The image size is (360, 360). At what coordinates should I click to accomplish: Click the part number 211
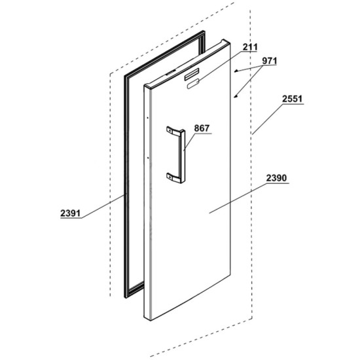pos(250,47)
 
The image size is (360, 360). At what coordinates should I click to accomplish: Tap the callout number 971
pos(270,61)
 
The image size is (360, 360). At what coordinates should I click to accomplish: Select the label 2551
pos(293,99)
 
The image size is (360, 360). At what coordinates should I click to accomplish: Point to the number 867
pos(202,128)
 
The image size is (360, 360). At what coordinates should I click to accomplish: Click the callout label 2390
pos(276,178)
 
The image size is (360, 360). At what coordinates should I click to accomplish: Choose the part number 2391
pos(71,213)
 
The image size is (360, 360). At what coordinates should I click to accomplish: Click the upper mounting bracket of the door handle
pos(174,131)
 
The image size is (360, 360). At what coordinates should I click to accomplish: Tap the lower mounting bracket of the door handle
pos(173,177)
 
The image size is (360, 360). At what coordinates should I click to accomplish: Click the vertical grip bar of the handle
pos(183,156)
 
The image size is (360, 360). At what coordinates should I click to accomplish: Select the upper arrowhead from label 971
pos(236,71)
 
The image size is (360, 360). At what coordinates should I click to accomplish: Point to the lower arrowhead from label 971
pos(236,96)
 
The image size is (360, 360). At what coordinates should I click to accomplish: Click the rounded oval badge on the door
pos(193,83)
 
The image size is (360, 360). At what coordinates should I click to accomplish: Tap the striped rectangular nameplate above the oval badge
pos(192,74)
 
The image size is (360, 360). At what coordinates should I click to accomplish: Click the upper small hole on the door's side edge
pos(148,118)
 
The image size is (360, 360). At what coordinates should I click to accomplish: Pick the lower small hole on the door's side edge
pos(148,158)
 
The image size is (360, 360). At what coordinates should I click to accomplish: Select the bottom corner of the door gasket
pos(126,297)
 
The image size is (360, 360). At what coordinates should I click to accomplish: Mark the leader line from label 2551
pos(267,119)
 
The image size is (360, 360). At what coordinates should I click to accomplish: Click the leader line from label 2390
pos(238,198)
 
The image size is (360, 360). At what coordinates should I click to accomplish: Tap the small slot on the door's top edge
pos(170,73)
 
